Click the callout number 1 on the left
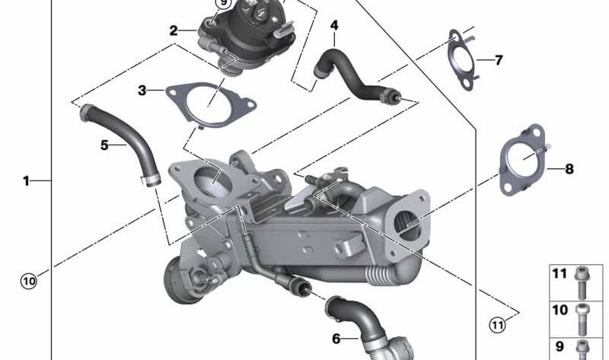pos(26,181)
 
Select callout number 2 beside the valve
pos(174,31)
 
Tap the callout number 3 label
pos(142,91)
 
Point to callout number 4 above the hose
pos(334,26)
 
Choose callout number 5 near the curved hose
pos(105,143)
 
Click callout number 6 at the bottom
pos(336,339)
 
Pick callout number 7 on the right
pos(499,59)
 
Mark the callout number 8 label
pos(569,169)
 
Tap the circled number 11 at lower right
pos(497,326)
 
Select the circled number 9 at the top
pos(223,4)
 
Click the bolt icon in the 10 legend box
pos(583,312)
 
